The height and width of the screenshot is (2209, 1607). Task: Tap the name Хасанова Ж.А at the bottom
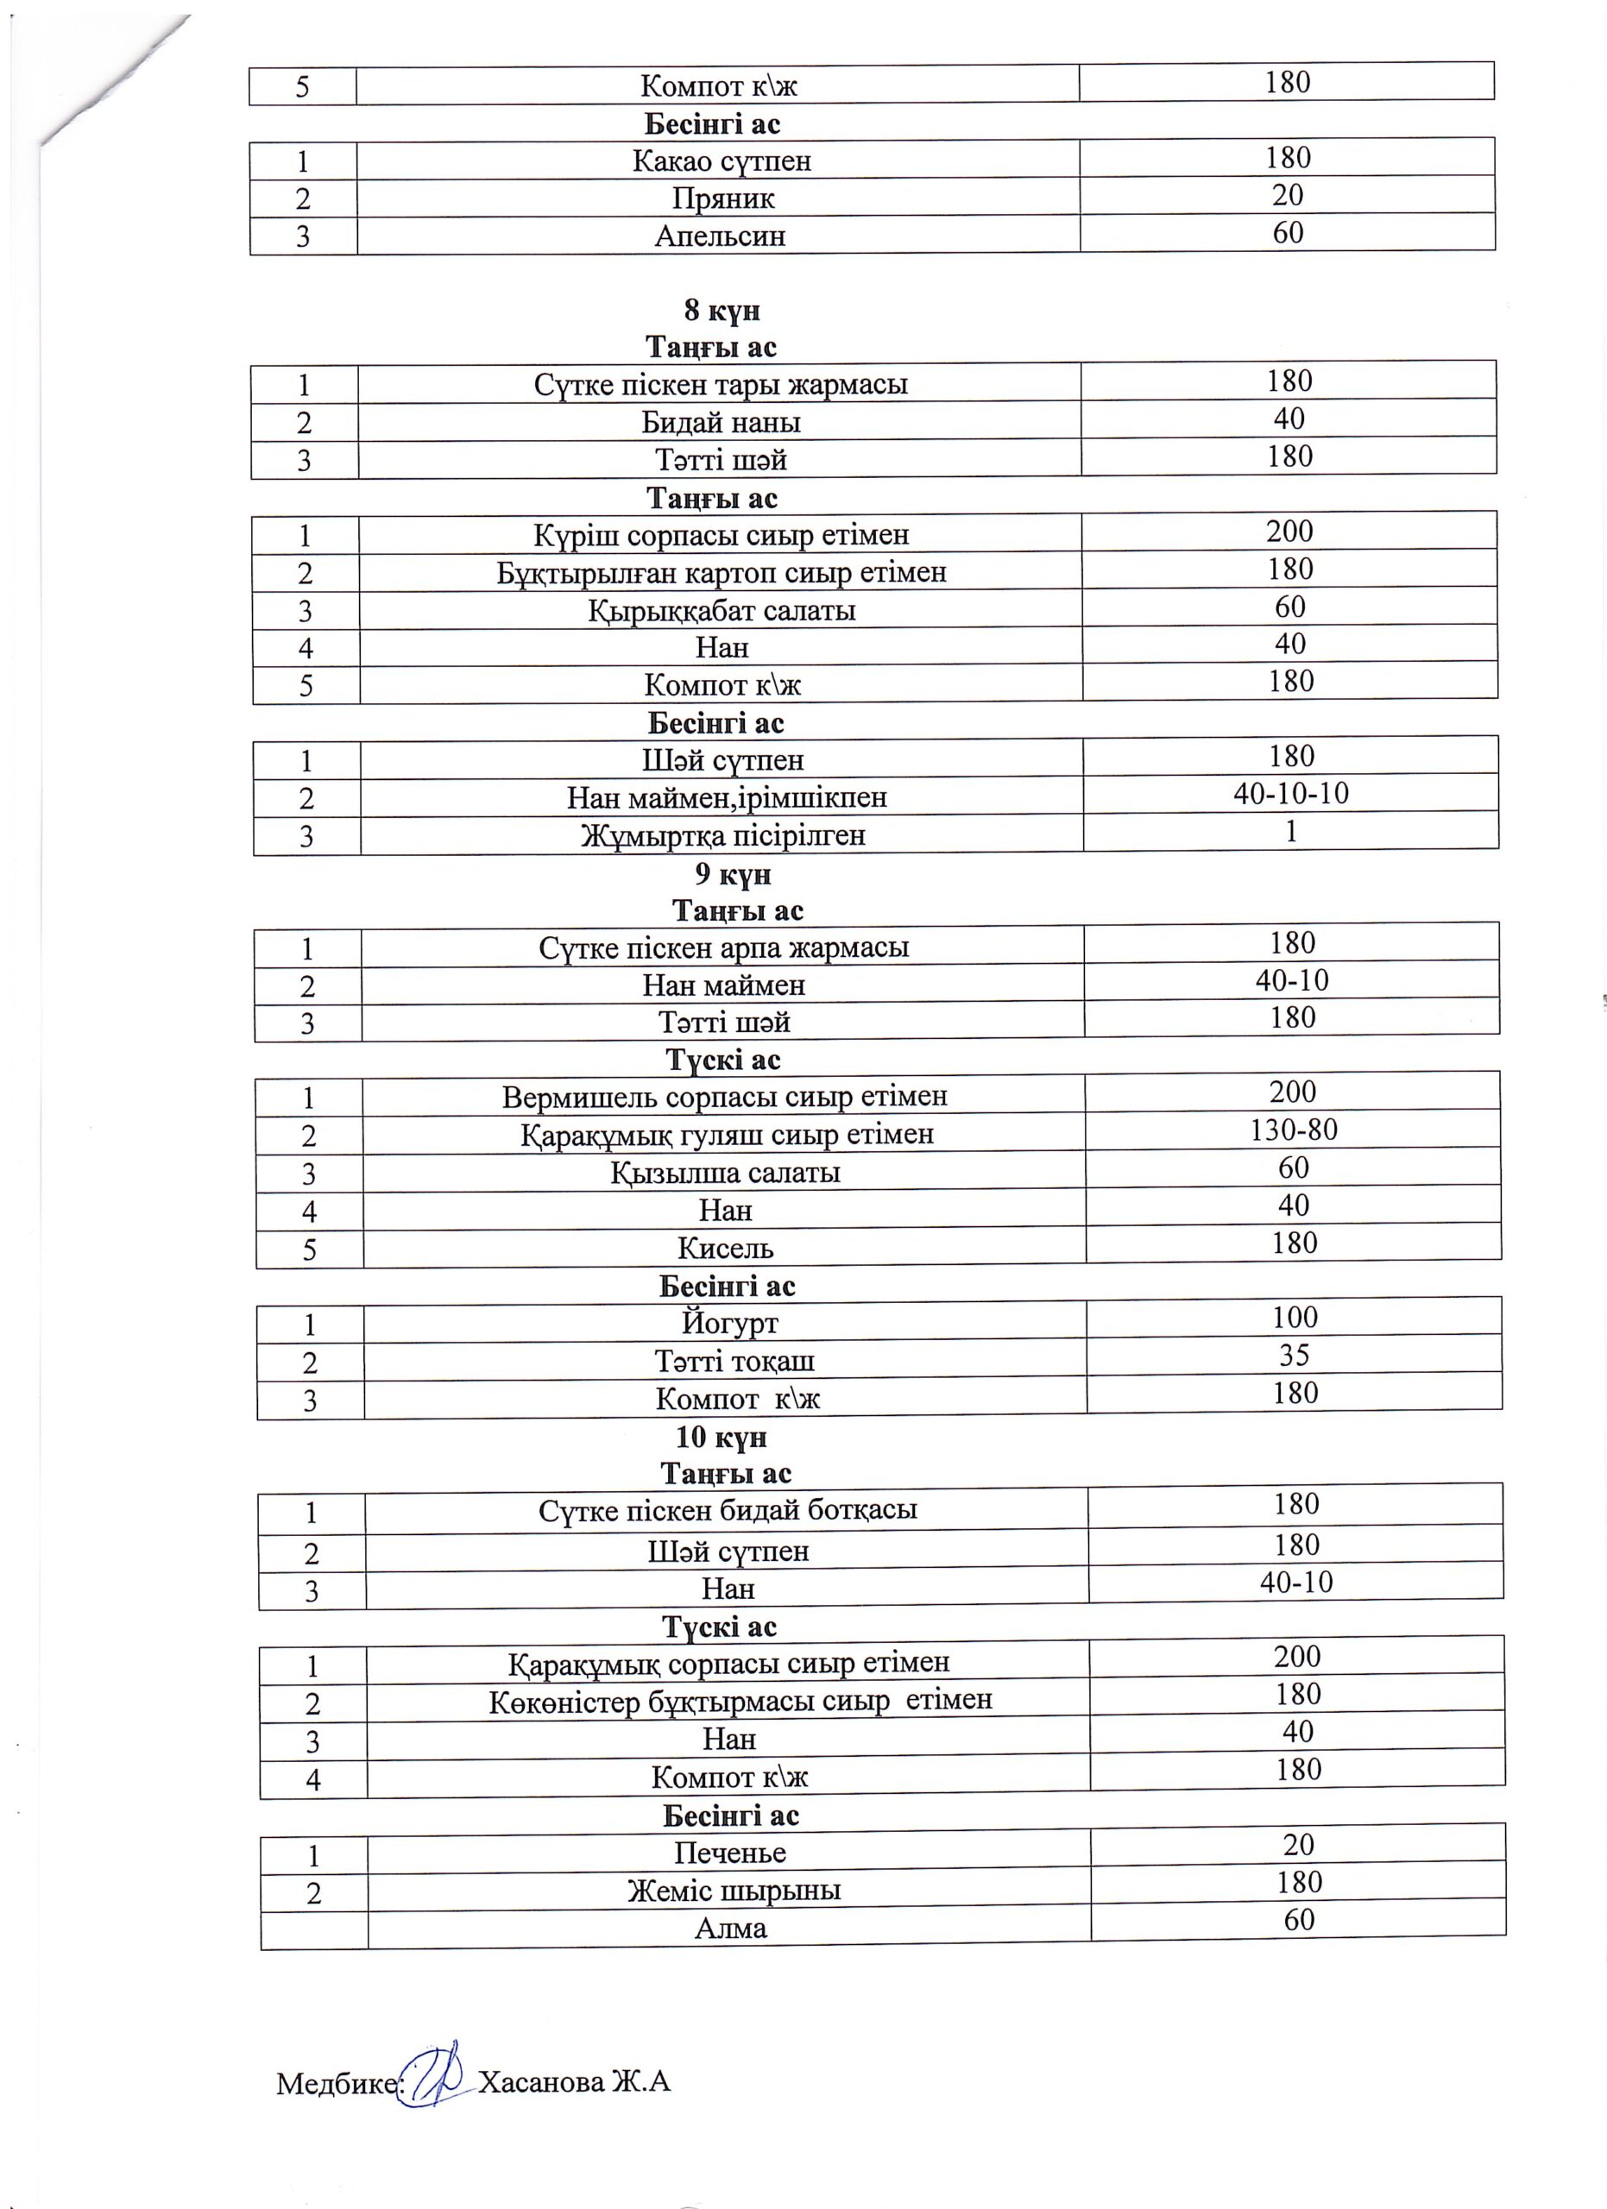click(576, 2081)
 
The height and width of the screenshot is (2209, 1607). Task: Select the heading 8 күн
click(722, 311)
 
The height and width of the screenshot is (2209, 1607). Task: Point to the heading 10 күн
click(722, 1437)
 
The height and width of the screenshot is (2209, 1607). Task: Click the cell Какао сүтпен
click(722, 160)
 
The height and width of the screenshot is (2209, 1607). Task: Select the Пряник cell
click(722, 198)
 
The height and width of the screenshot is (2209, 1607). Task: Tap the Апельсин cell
click(721, 236)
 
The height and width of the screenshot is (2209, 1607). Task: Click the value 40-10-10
click(1291, 794)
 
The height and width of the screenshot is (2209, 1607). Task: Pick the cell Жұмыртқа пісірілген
click(722, 835)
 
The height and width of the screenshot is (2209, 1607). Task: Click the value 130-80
click(1294, 1130)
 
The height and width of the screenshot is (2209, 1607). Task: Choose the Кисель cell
click(726, 1248)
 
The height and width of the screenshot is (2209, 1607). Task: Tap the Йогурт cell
click(729, 1324)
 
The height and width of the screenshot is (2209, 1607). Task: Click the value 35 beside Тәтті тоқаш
click(1295, 1355)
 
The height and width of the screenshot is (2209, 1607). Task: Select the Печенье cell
click(729, 1853)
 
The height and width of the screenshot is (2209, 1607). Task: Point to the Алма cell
click(730, 1928)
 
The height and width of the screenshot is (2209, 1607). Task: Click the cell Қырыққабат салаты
click(722, 611)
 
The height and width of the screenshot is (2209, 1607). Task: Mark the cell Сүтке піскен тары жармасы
click(721, 385)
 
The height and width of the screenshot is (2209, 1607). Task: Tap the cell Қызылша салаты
click(725, 1173)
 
